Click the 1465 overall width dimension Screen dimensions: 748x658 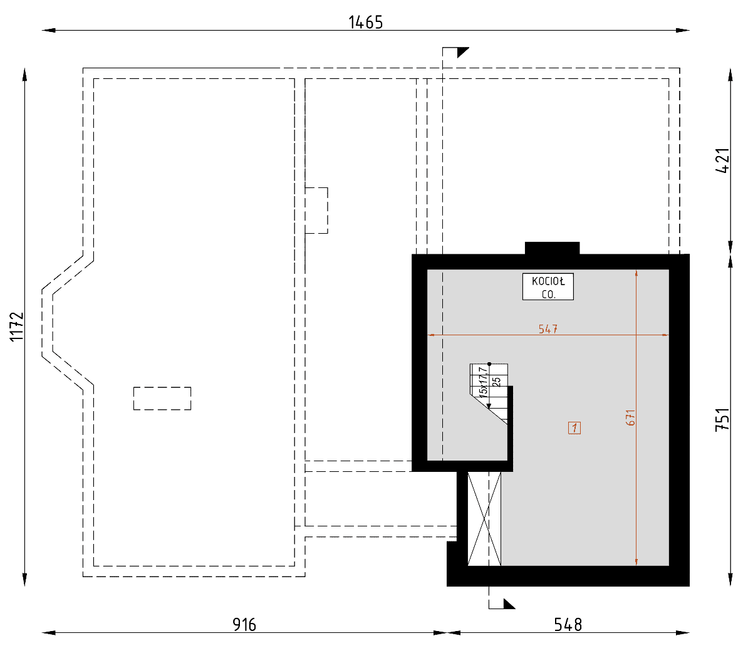(x=365, y=23)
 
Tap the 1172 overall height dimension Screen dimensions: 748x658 (x=17, y=327)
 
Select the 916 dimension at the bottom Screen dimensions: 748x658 (x=244, y=625)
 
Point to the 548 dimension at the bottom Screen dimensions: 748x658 (x=568, y=625)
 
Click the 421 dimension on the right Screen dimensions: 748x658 (x=723, y=161)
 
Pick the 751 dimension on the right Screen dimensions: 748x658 (x=723, y=419)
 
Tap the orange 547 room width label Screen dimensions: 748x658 (x=548, y=329)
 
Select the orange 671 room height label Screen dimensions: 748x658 (x=630, y=417)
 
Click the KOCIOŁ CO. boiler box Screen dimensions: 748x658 (x=548, y=287)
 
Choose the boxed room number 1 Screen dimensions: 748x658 (x=574, y=428)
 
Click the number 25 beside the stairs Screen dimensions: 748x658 (x=496, y=382)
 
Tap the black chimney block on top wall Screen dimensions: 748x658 (x=552, y=248)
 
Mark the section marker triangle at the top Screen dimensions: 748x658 (x=463, y=53)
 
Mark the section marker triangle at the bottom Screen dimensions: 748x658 (x=509, y=603)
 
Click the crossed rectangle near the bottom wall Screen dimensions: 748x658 (x=484, y=519)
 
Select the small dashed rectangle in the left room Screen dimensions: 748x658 (x=162, y=399)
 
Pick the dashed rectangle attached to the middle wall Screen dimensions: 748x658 (x=316, y=211)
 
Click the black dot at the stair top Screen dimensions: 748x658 (x=489, y=364)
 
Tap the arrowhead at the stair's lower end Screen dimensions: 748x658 (x=489, y=406)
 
